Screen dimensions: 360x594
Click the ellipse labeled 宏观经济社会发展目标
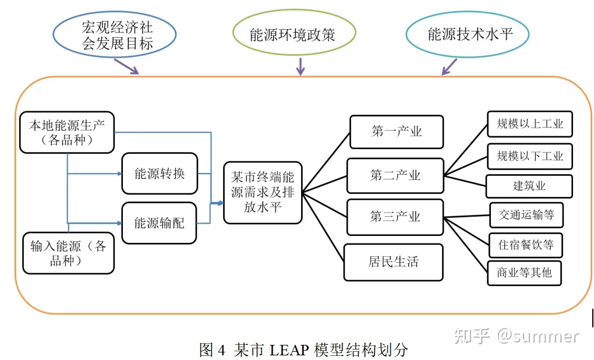click(114, 36)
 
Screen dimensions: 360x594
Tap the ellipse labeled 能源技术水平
click(467, 34)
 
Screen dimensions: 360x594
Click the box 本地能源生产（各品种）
click(67, 132)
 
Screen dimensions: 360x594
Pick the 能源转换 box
click(160, 174)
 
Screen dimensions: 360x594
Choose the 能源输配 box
click(159, 223)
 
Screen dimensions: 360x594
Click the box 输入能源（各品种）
click(68, 253)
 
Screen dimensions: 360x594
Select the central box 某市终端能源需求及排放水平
click(263, 192)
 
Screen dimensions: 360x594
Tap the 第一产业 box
click(396, 132)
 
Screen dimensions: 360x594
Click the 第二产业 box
click(395, 175)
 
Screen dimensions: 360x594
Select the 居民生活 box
click(393, 262)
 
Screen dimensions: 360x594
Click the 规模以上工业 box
click(529, 124)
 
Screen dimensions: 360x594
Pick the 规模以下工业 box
click(529, 156)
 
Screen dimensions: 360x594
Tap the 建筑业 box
click(529, 186)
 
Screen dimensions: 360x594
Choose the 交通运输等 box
click(526, 215)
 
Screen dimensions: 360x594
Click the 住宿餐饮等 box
click(525, 245)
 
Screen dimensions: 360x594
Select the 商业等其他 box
click(524, 273)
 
